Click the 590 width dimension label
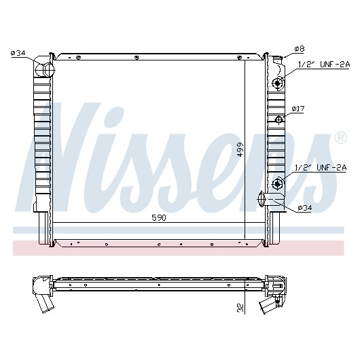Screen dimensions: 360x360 point(159,217)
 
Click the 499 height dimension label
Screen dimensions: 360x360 point(240,149)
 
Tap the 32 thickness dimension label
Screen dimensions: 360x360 point(240,308)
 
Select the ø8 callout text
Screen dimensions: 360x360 point(300,49)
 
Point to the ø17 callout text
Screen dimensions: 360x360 point(298,109)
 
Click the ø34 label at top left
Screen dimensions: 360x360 point(18,53)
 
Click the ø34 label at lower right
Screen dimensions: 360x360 point(305,208)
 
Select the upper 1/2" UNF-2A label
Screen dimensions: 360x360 point(324,65)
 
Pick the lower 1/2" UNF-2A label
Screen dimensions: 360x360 point(321,168)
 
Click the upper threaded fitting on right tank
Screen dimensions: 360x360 point(277,83)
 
